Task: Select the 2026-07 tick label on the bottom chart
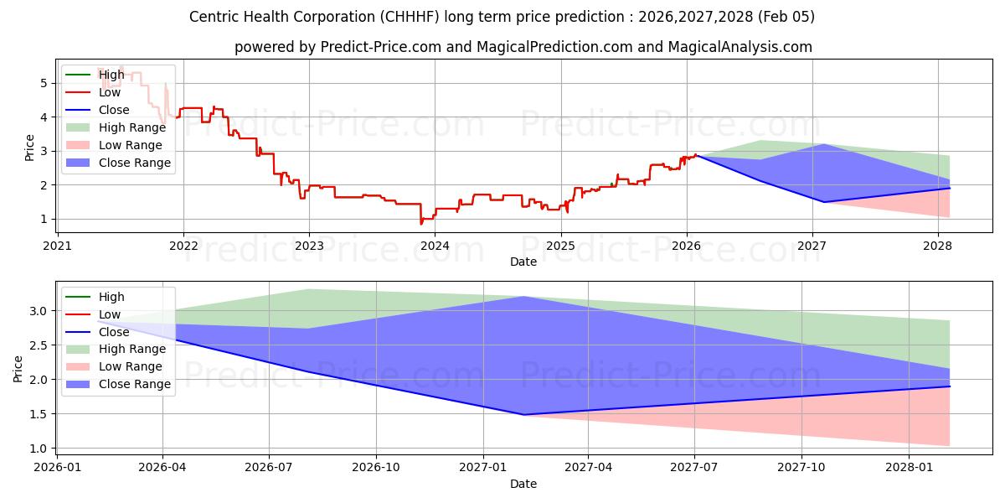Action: pyautogui.click(x=269, y=468)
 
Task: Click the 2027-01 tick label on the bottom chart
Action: pyautogui.click(x=482, y=468)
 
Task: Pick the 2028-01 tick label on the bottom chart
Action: pyautogui.click(x=909, y=468)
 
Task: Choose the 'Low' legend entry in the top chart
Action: pyautogui.click(x=110, y=92)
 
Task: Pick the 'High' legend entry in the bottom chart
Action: pyautogui.click(x=111, y=297)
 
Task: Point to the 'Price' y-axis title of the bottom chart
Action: pyautogui.click(x=18, y=369)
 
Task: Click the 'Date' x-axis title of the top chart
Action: pyautogui.click(x=523, y=262)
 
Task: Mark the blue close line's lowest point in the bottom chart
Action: pyautogui.click(x=524, y=415)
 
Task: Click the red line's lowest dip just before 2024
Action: pyautogui.click(x=421, y=224)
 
